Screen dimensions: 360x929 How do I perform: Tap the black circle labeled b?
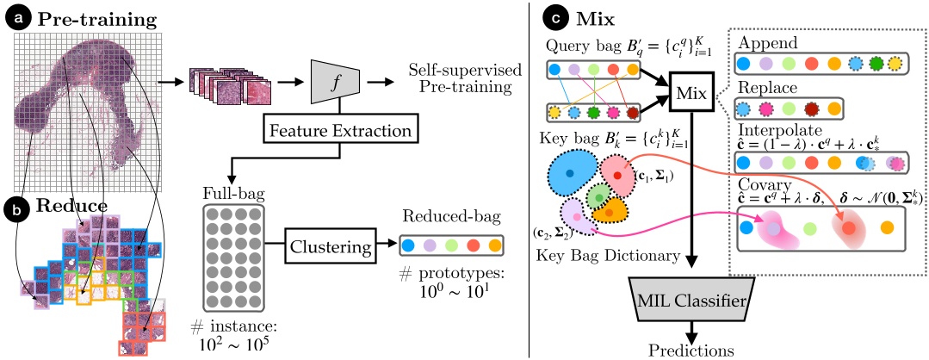tap(15, 208)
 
